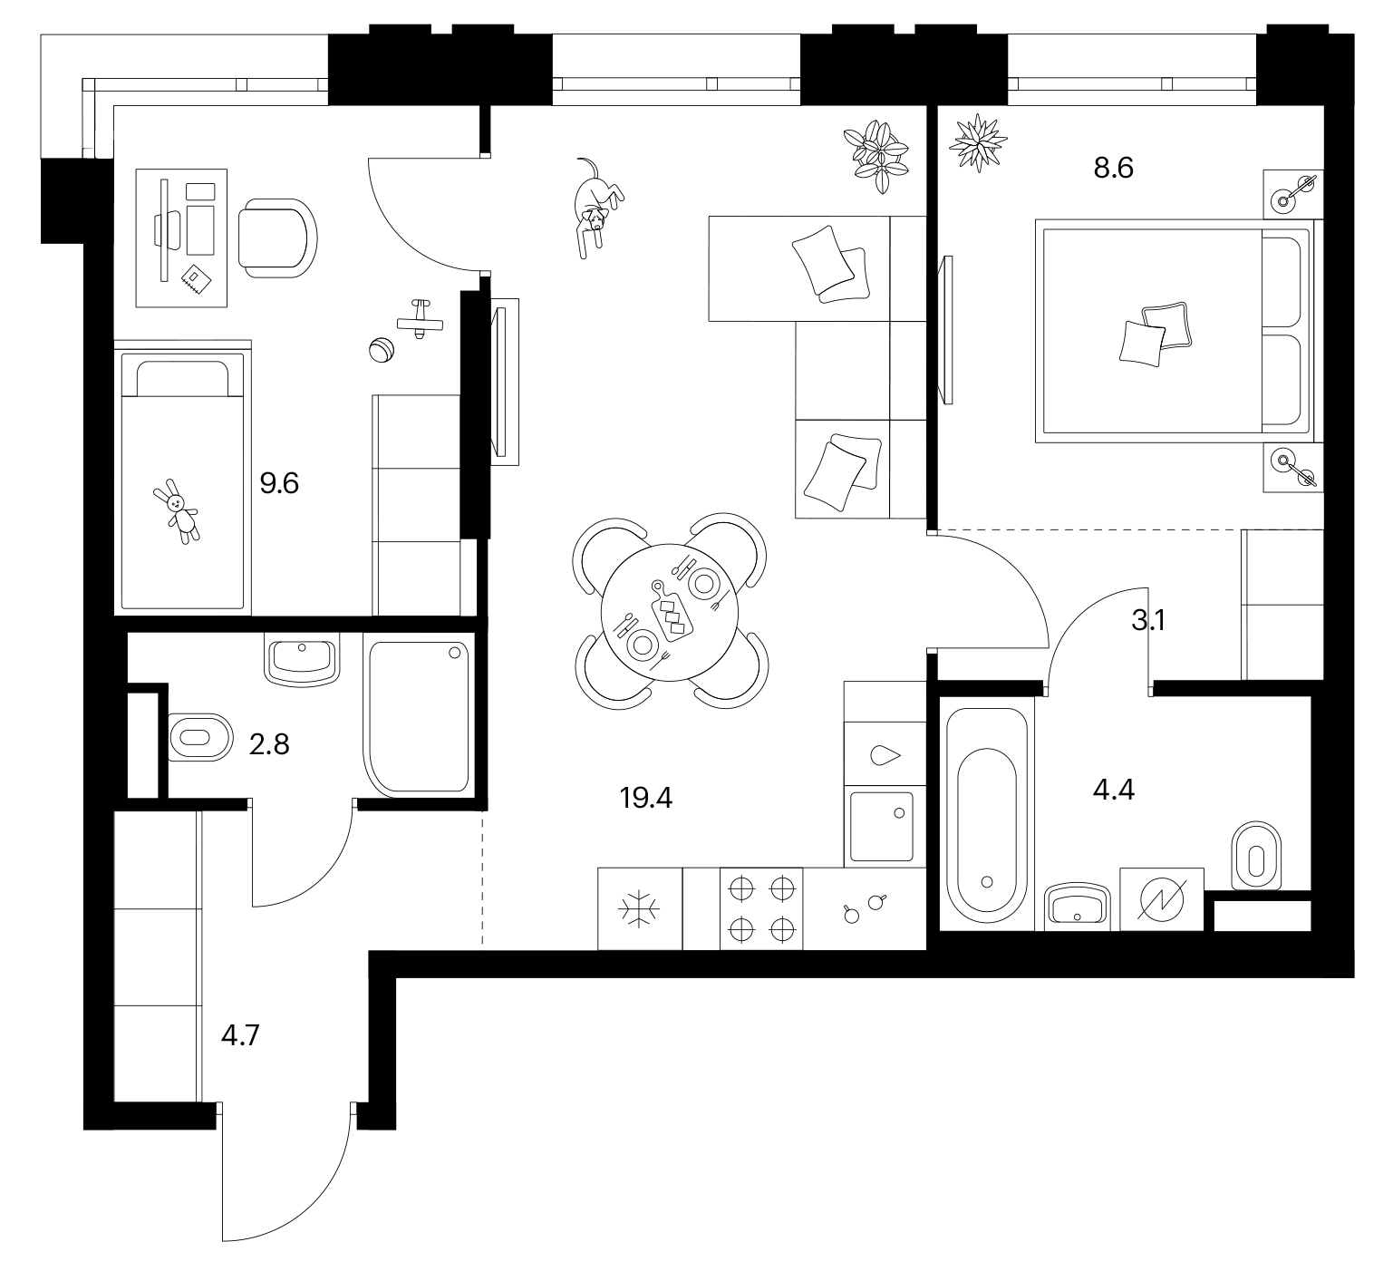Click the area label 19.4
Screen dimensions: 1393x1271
pyautogui.click(x=646, y=798)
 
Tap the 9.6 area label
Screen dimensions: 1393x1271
pyautogui.click(x=279, y=483)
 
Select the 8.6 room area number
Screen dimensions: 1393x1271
pyautogui.click(x=1114, y=169)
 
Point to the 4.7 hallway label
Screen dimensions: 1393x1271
pyautogui.click(x=241, y=1034)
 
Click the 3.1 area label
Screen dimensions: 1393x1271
pyautogui.click(x=1147, y=621)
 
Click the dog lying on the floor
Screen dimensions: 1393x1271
pyautogui.click(x=596, y=207)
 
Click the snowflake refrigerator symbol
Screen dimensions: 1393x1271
pyautogui.click(x=640, y=909)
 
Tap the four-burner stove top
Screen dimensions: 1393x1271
pyautogui.click(x=761, y=909)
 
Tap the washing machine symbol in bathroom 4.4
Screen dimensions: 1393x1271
pyautogui.click(x=1163, y=898)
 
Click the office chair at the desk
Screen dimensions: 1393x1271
pyautogui.click(x=278, y=238)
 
